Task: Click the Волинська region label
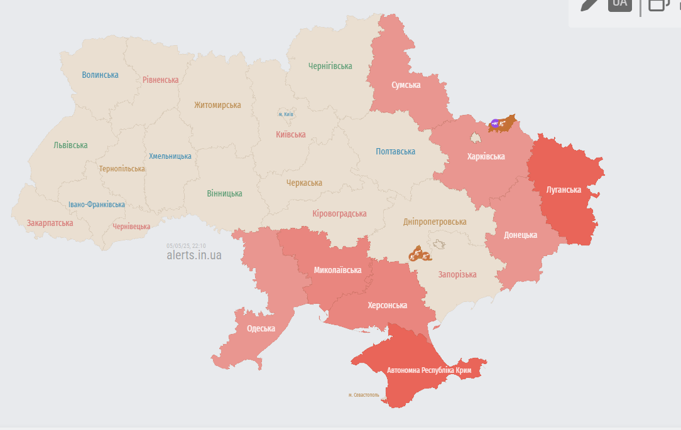click(x=100, y=75)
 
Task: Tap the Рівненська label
click(x=160, y=80)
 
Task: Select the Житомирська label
click(x=217, y=105)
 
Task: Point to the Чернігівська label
click(x=330, y=66)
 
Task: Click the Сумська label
click(x=406, y=85)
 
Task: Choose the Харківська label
click(x=486, y=156)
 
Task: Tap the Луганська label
click(x=564, y=189)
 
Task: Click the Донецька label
click(x=520, y=235)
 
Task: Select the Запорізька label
click(x=457, y=274)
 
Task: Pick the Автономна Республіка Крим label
click(x=429, y=370)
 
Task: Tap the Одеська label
click(x=261, y=328)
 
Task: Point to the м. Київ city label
click(x=286, y=114)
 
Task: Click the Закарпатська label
click(x=50, y=223)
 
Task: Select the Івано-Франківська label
click(x=97, y=205)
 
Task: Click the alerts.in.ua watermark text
click(x=193, y=255)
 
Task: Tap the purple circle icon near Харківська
click(x=495, y=124)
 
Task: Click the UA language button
click(x=619, y=3)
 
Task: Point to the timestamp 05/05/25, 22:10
click(x=186, y=246)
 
